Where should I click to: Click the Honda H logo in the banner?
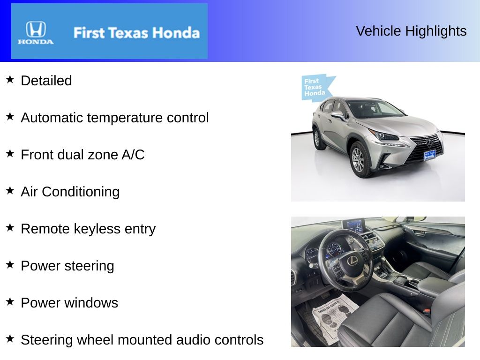36,30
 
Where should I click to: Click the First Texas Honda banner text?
136,33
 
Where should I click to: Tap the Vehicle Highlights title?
411,31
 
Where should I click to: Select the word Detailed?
46,81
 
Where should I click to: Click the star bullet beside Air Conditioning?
10,190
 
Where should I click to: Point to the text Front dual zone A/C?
82,155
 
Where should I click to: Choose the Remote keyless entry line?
88,229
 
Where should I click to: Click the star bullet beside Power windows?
10,301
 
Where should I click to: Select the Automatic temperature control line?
115,118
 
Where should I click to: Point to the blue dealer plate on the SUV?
429,155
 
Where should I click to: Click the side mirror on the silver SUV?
337,114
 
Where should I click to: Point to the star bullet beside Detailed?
10,79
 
